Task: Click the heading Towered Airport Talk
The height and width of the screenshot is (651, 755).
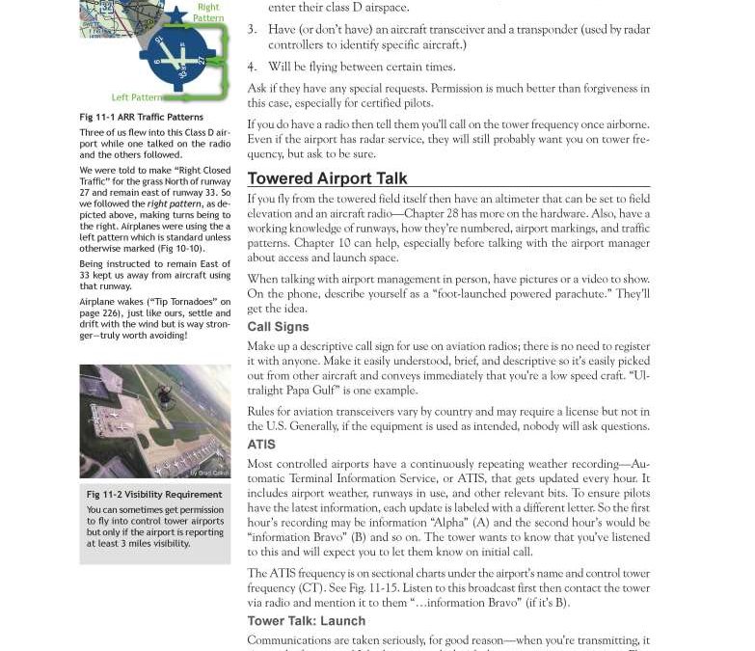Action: tap(327, 178)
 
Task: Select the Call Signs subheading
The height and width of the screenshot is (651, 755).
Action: tap(278, 327)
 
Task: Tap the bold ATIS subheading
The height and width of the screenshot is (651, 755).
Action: tap(261, 445)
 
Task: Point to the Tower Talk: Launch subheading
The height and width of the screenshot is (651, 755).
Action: tap(306, 621)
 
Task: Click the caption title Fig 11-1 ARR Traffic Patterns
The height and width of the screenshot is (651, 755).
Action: tap(141, 118)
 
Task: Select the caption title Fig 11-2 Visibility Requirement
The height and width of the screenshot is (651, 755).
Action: tap(154, 495)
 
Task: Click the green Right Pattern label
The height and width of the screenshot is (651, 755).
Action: tap(208, 13)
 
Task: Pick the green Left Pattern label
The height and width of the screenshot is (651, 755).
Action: tap(137, 97)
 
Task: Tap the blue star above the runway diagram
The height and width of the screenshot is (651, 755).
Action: tap(176, 15)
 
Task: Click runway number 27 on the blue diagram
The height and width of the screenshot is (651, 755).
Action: tap(202, 60)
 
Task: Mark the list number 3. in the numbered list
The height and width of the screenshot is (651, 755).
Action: tap(252, 30)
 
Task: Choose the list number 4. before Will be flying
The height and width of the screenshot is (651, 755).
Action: tap(252, 67)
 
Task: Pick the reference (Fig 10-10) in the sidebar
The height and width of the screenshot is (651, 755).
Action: tap(178, 248)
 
